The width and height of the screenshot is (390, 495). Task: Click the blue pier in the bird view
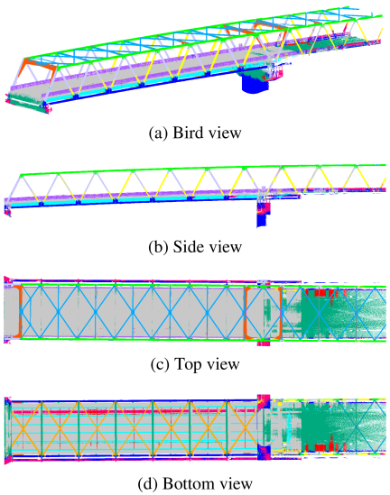coord(253,83)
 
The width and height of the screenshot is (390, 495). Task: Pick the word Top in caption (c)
coord(188,364)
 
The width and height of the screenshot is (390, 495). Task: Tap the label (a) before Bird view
coord(158,133)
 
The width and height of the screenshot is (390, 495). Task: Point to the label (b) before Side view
coord(158,247)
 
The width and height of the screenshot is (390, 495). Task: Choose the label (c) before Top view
coord(160,364)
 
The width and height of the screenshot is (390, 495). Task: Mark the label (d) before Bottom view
coord(147,484)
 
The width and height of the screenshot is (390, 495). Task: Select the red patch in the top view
coord(320,293)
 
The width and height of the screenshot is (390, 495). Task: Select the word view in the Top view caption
coord(222,364)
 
